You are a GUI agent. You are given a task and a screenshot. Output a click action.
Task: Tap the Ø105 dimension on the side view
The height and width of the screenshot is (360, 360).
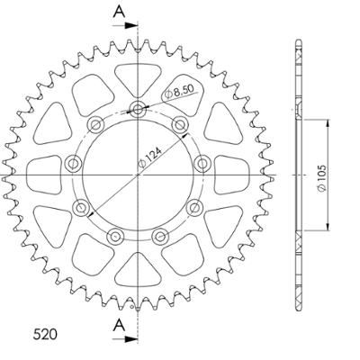(321, 178)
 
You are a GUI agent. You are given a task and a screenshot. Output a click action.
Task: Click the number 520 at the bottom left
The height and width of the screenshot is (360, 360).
(45, 335)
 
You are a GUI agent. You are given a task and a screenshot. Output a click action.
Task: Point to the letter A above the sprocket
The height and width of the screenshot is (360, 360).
(120, 12)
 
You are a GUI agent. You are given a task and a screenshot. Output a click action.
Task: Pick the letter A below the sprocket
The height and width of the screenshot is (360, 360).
(120, 325)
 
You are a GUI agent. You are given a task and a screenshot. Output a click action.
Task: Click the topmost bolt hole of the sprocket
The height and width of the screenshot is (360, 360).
(138, 109)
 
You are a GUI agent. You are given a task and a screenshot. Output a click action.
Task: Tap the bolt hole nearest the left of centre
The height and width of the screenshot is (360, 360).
(73, 164)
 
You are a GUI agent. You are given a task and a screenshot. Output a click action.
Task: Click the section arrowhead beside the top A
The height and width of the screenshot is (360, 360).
(131, 25)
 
